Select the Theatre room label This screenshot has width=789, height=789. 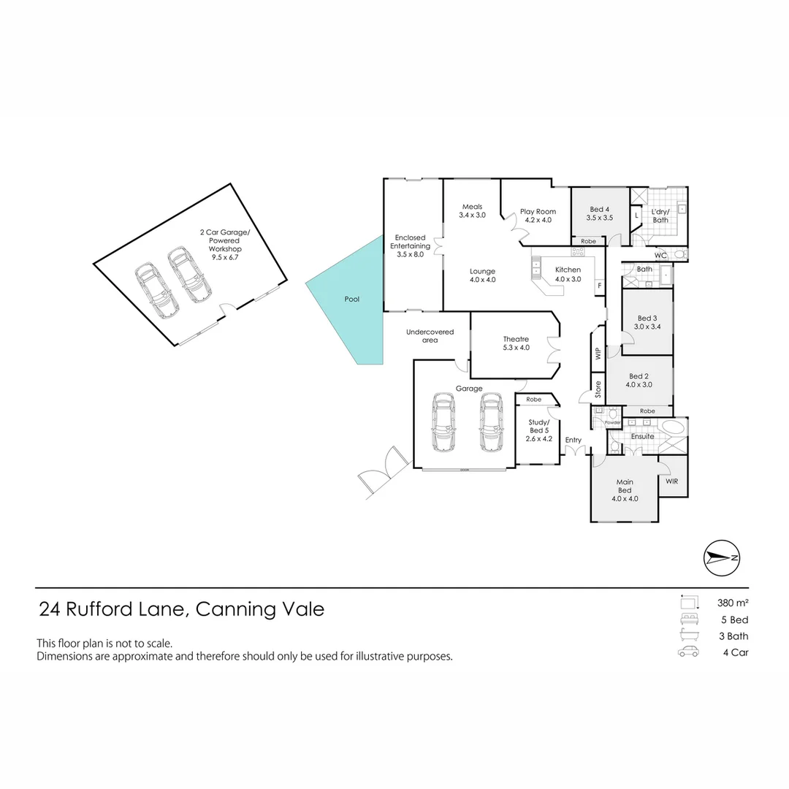516,343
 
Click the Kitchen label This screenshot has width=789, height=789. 568,274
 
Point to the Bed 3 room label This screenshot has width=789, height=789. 647,322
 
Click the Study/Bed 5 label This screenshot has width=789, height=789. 540,430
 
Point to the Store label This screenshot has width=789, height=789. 598,388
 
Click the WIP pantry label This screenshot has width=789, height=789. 598,354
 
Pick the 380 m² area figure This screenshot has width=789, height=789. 733,603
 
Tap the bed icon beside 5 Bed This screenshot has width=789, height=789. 688,620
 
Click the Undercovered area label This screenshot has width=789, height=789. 430,336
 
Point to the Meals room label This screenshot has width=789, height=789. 472,210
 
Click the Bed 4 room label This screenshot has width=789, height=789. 599,213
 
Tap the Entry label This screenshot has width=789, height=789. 573,440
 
